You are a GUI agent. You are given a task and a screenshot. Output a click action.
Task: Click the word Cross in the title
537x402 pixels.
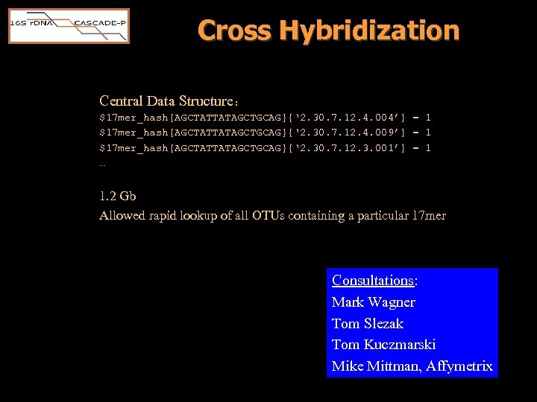(234, 31)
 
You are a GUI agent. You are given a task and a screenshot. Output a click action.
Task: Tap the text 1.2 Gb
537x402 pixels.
(118, 197)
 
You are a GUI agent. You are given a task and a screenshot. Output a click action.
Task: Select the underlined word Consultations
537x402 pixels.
(373, 281)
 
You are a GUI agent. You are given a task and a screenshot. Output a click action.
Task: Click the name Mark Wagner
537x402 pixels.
(373, 302)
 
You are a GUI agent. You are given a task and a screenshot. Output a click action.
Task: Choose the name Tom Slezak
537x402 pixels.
(367, 324)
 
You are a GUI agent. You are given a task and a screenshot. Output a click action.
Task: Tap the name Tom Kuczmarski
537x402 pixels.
(383, 345)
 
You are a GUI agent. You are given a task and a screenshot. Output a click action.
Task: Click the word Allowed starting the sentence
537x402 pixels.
(122, 216)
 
